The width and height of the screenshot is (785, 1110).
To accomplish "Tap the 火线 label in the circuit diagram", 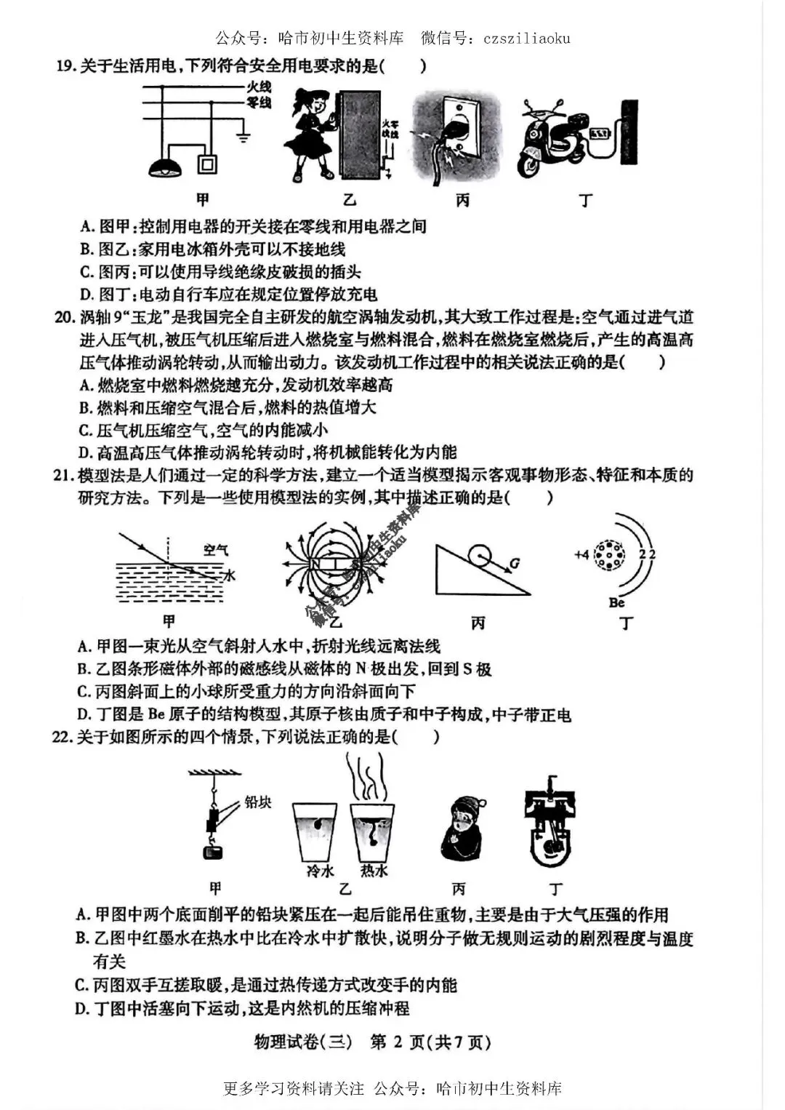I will pyautogui.click(x=258, y=88).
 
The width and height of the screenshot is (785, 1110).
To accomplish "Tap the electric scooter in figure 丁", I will pyautogui.click(x=556, y=142).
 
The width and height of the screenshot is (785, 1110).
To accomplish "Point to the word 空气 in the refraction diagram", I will pyautogui.click(x=214, y=550).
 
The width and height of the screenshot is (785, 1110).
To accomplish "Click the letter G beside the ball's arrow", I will pyautogui.click(x=515, y=563).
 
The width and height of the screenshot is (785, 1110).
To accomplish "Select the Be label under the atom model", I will pyautogui.click(x=616, y=602).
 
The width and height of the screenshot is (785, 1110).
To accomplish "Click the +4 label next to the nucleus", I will pyautogui.click(x=581, y=554).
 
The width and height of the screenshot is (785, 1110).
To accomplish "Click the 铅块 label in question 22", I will pyautogui.click(x=258, y=802).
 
